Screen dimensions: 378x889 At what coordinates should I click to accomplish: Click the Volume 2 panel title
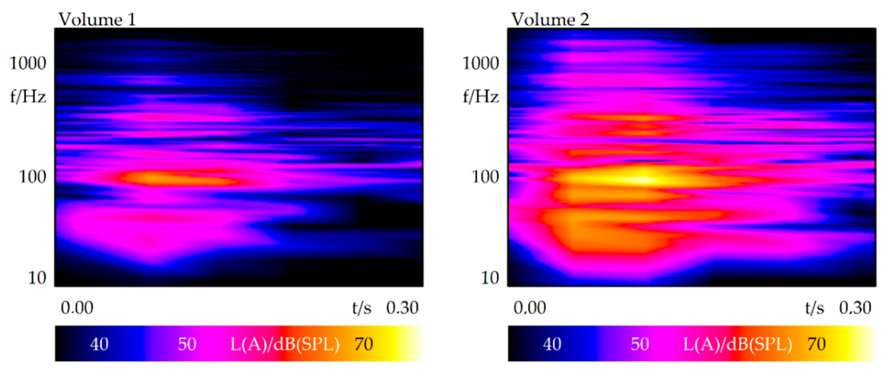550,19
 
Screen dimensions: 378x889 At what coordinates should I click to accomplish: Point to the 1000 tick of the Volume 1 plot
28,63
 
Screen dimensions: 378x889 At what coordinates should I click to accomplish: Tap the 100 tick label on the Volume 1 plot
32,177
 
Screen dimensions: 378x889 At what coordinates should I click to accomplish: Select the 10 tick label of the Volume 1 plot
37,278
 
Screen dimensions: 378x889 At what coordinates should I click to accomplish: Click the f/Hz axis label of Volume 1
28,96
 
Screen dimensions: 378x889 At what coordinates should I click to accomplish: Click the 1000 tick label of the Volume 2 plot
480,63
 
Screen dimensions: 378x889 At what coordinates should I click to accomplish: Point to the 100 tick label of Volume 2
485,177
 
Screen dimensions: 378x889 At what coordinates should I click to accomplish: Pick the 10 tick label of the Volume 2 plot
490,278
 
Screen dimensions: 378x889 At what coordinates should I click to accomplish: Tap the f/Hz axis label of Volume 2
480,96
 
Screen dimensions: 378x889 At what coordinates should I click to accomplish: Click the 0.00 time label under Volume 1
77,308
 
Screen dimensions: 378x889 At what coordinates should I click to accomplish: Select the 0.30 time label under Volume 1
402,308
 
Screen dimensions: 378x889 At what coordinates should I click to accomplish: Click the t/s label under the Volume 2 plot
815,308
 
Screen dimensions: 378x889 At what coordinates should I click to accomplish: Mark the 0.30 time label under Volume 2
855,308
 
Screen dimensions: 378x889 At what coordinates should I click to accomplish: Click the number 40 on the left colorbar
99,344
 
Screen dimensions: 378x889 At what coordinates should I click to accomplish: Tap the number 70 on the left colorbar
363,344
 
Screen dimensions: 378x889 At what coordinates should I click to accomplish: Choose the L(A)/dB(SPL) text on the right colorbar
737,344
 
